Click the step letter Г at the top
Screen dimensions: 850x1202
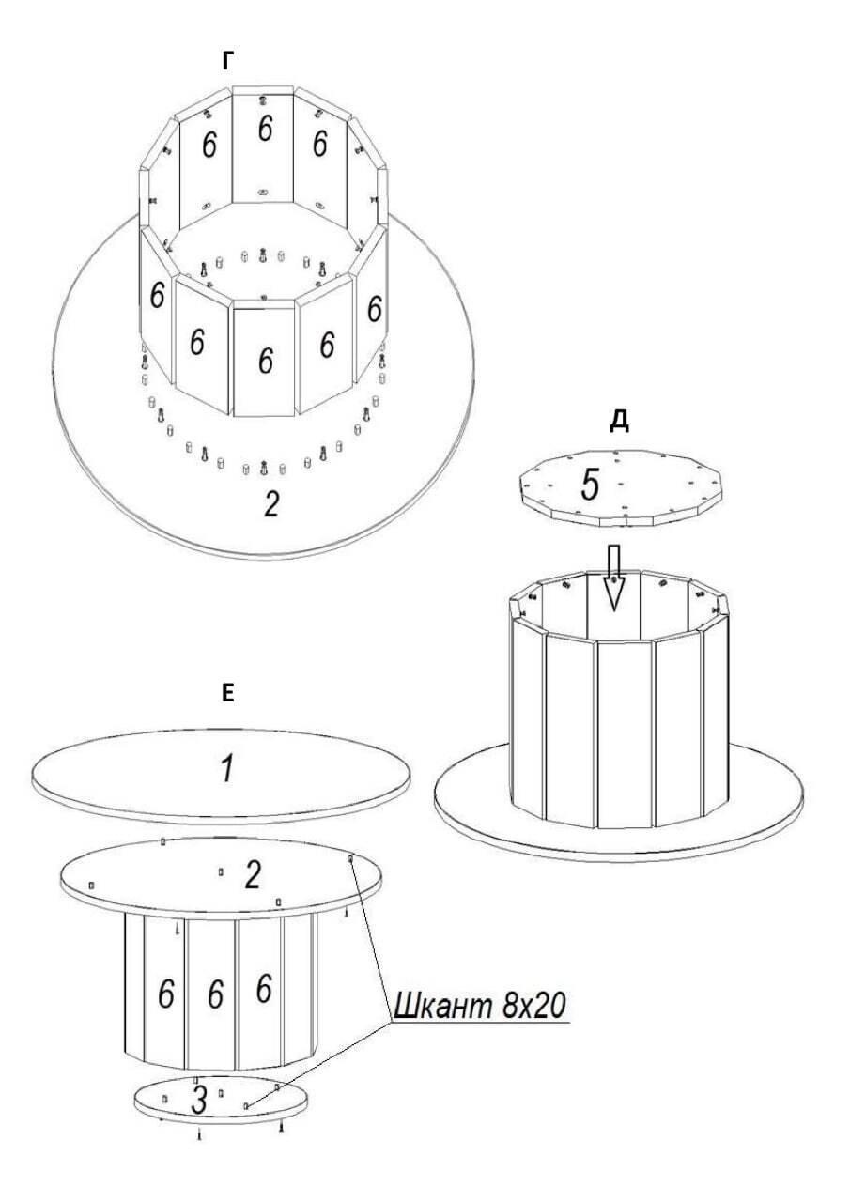228,62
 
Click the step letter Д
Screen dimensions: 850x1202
619,423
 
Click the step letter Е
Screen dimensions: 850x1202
227,693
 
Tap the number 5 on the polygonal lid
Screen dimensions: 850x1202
590,485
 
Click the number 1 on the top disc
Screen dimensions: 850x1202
227,768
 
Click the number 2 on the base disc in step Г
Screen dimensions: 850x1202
271,504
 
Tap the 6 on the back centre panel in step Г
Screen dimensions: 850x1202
265,129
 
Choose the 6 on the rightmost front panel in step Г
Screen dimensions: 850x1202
375,307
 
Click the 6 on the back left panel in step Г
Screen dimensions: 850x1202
209,144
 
